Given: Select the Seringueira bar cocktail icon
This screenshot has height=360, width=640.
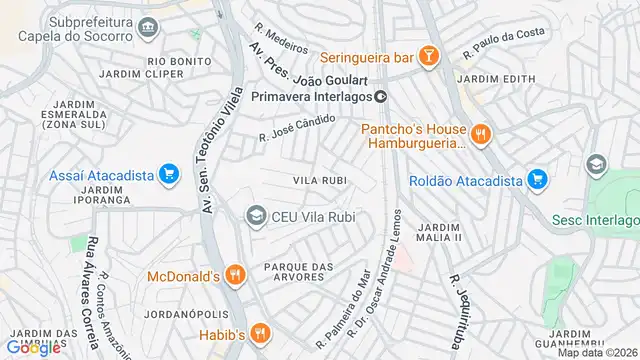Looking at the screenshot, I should pyautogui.click(x=428, y=56).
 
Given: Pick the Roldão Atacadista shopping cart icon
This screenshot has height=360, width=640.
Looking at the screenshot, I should pyautogui.click(x=539, y=180).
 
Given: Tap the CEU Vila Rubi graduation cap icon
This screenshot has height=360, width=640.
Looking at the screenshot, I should pyautogui.click(x=256, y=216).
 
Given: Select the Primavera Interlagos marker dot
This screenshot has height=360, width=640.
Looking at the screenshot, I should pyautogui.click(x=381, y=97).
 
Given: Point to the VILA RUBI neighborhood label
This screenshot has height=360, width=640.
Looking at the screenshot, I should pyautogui.click(x=320, y=180).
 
